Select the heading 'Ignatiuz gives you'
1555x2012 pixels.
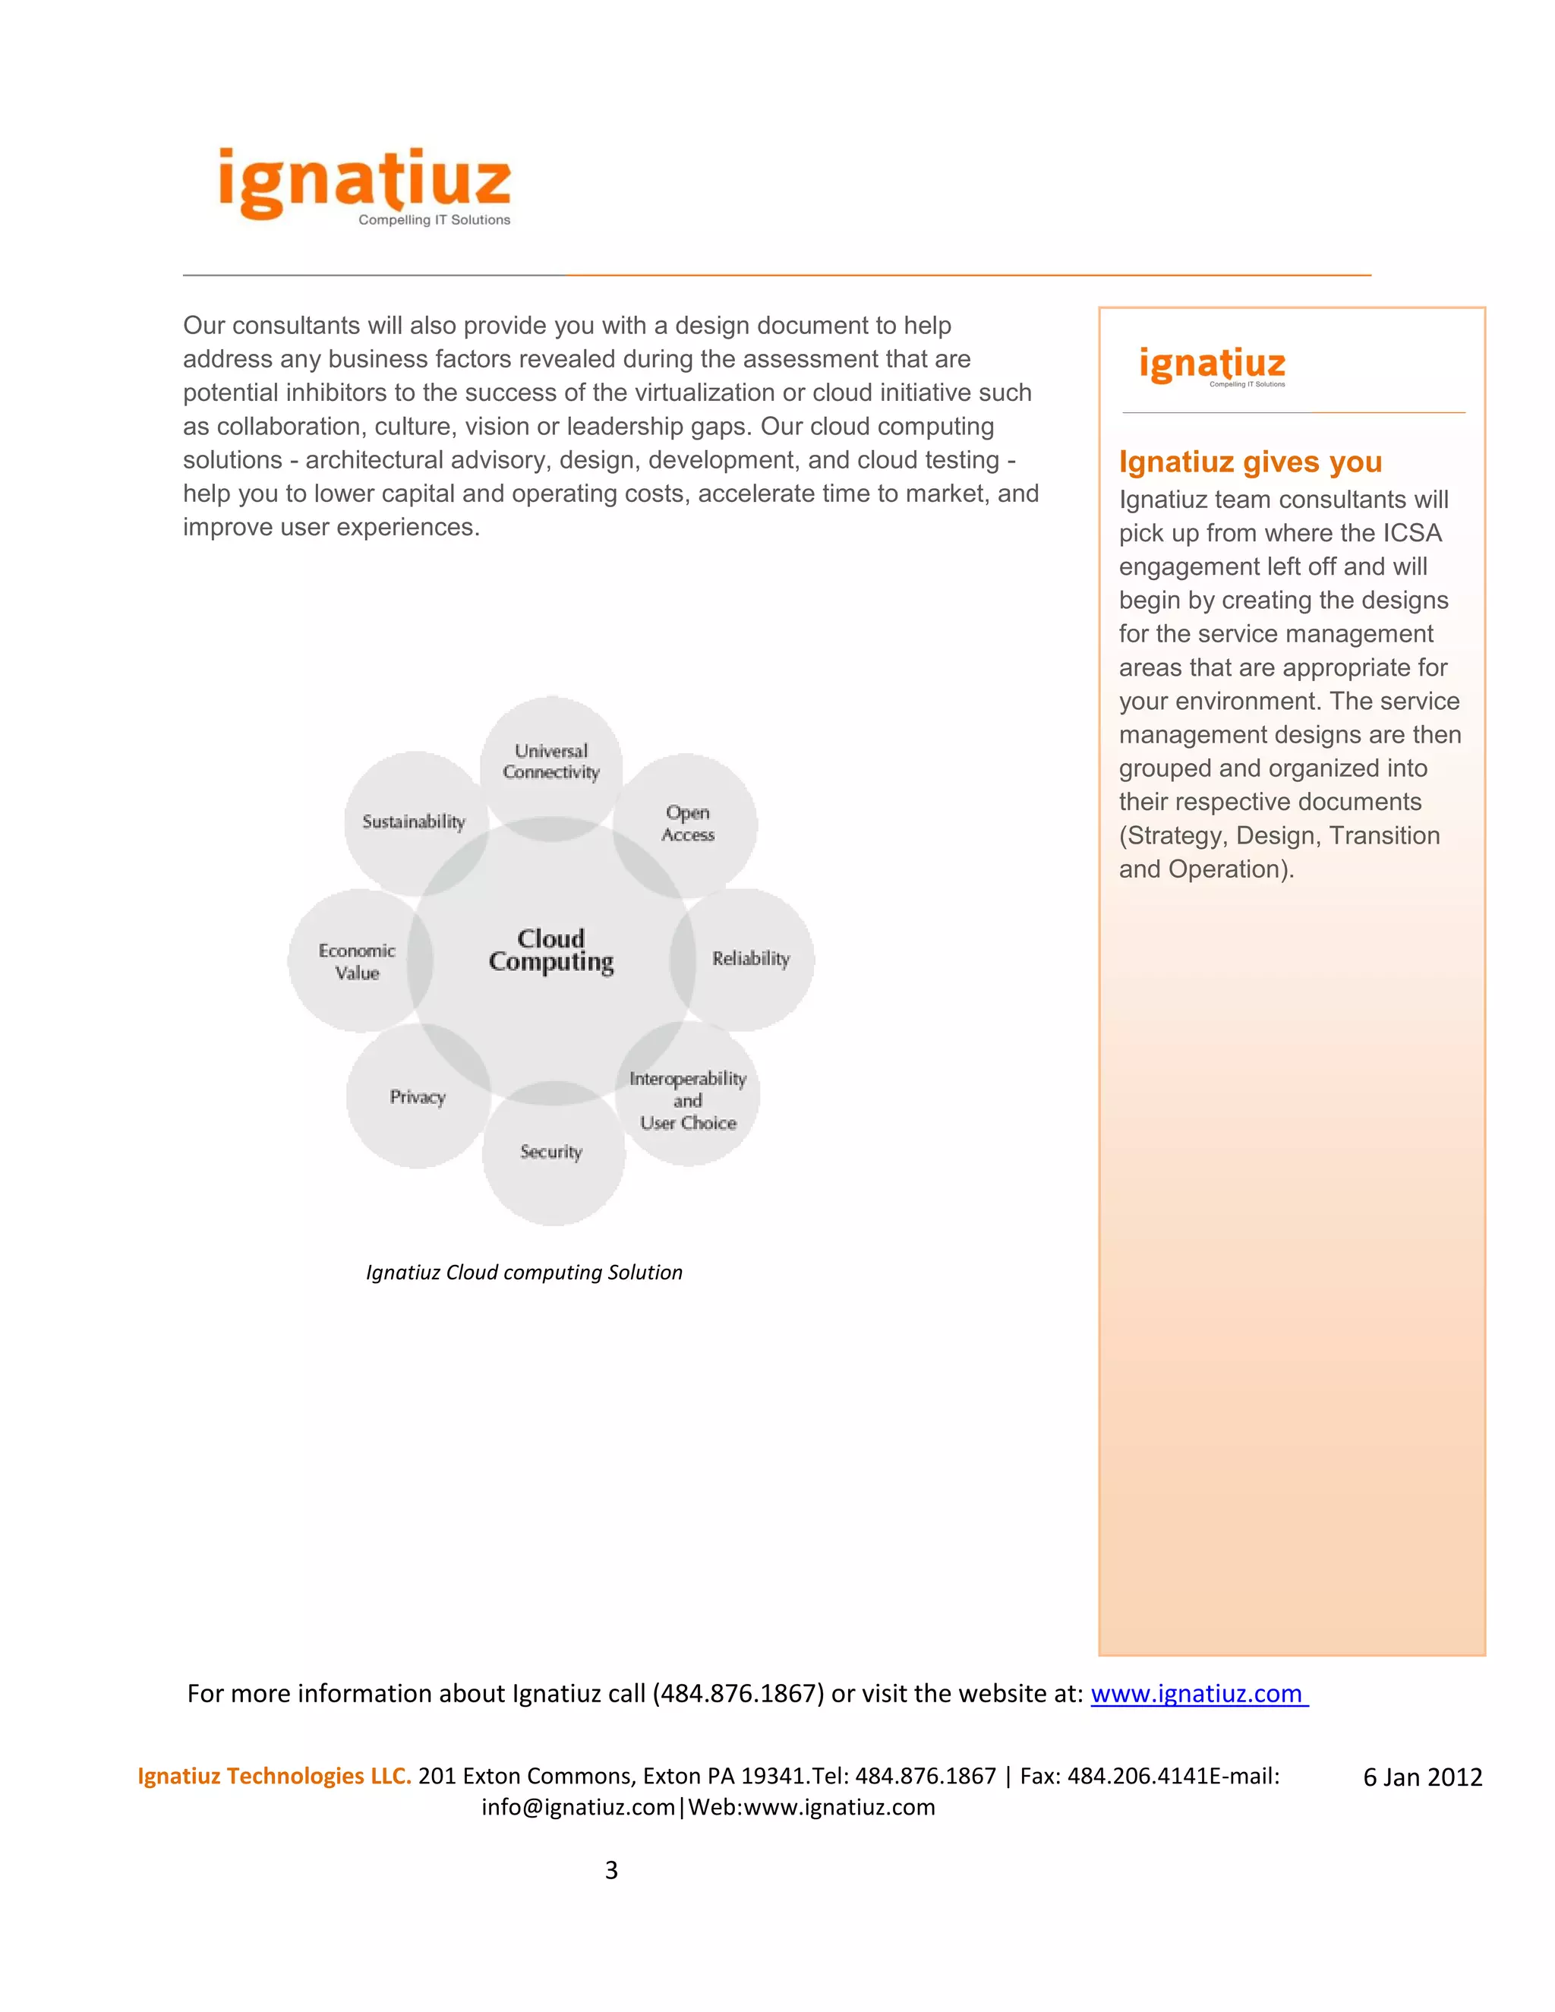pos(1250,462)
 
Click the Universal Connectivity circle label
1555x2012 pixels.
pos(551,762)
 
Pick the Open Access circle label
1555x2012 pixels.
pos(688,824)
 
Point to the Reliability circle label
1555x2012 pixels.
pos(751,959)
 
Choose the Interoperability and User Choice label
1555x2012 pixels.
pos(688,1101)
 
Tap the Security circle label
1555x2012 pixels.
pos(551,1152)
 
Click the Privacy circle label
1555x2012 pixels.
pos(418,1097)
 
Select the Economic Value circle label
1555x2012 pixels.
pos(357,962)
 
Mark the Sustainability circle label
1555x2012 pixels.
pos(414,822)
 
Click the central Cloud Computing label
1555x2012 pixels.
pos(551,950)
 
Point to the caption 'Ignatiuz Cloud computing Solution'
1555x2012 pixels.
pos(524,1272)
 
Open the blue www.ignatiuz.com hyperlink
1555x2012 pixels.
pos(1197,1694)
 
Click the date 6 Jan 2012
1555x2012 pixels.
pos(1422,1777)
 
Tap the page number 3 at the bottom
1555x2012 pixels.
pos(610,1870)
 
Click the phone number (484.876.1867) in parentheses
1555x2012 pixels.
pos(738,1694)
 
